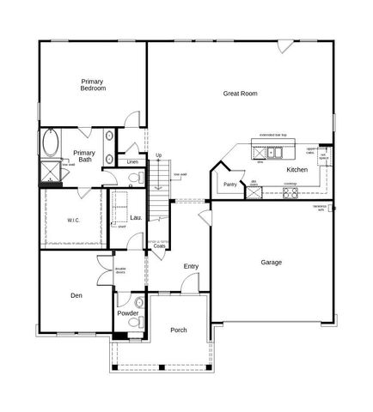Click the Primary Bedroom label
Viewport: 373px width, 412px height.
coord(93,83)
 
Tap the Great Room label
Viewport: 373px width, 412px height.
coord(240,94)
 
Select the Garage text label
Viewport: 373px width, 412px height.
coord(271,262)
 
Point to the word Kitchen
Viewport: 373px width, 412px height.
coord(297,170)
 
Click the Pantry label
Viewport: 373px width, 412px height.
coord(229,184)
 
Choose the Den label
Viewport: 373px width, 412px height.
coord(76,295)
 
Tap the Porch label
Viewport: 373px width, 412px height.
coord(179,330)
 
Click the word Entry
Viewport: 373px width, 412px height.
coord(191,266)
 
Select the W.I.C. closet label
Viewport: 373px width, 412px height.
coord(74,221)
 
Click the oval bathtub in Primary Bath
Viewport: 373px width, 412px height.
coord(50,141)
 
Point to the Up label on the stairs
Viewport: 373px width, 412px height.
coord(158,155)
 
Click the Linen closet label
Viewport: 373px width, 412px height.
coord(132,162)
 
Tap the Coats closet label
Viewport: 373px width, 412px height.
coord(159,245)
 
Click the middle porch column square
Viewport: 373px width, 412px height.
coord(162,370)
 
